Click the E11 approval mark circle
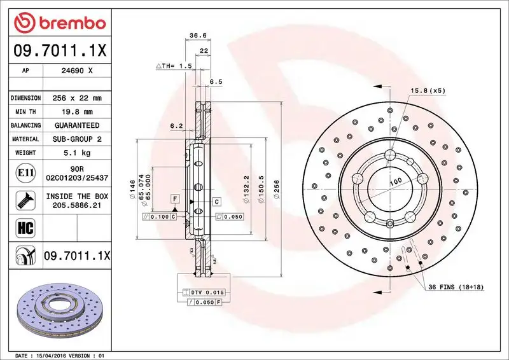coord(23,172)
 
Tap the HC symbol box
coord(23,226)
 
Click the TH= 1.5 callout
coord(174,66)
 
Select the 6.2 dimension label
coord(177,126)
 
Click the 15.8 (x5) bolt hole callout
coord(428,90)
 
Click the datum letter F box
coord(173,200)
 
